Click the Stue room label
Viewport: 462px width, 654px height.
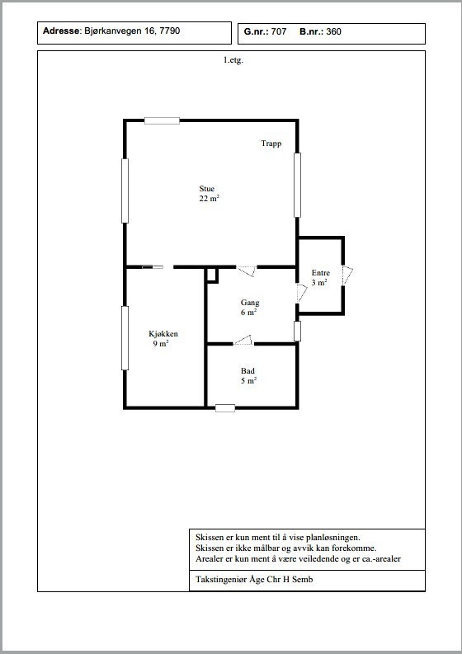coord(206,188)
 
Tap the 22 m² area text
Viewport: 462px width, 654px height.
coord(209,199)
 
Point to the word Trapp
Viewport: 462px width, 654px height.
coord(271,144)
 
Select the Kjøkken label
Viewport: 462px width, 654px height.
coord(163,334)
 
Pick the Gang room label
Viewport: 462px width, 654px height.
coord(250,303)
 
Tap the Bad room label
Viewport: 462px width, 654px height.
coord(248,371)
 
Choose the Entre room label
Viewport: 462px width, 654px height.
coord(320,273)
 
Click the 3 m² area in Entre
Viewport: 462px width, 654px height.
coord(319,283)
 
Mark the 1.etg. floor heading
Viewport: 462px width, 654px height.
coord(233,60)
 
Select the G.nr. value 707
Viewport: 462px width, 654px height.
coord(277,32)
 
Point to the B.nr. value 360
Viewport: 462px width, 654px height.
coord(333,32)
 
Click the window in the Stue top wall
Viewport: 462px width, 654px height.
coord(162,120)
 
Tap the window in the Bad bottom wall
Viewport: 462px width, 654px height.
coord(224,407)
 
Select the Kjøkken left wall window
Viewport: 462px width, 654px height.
coord(125,338)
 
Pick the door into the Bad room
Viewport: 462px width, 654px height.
coord(243,340)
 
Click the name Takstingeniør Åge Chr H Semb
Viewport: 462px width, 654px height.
coord(255,580)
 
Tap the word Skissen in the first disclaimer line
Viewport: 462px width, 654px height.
coord(210,536)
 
